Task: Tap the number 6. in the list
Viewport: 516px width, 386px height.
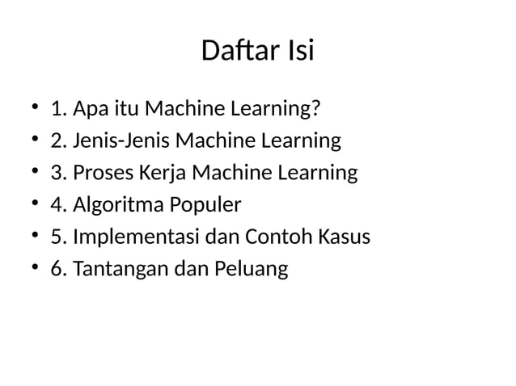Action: point(58,270)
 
